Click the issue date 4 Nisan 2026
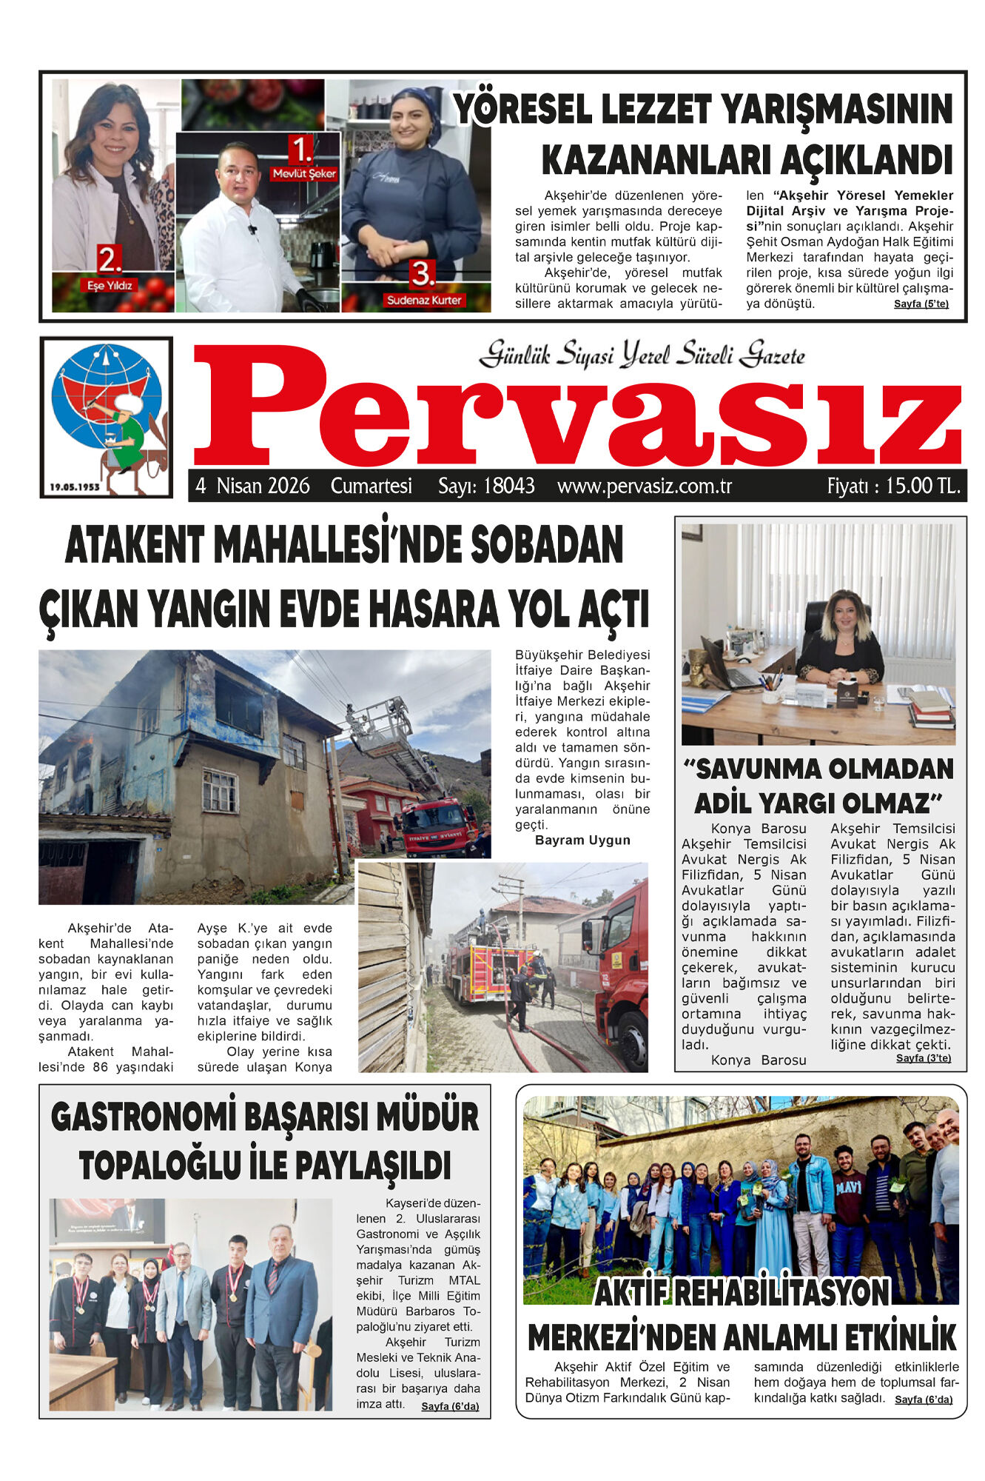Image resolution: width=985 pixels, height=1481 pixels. pyautogui.click(x=252, y=487)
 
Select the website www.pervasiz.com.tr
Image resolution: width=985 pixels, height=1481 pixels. pyautogui.click(x=645, y=487)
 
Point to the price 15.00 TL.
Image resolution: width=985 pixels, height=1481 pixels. pyautogui.click(x=893, y=487)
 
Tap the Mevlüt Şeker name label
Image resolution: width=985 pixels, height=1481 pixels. pyautogui.click(x=304, y=174)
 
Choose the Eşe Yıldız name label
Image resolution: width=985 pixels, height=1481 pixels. pyautogui.click(x=110, y=285)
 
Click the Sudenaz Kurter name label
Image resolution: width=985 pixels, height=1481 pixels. pyautogui.click(x=424, y=300)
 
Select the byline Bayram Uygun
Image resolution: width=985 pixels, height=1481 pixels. pyautogui.click(x=582, y=840)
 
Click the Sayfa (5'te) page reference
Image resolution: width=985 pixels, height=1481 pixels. pyautogui.click(x=921, y=304)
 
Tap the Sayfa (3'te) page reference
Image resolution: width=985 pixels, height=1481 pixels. pyautogui.click(x=923, y=1058)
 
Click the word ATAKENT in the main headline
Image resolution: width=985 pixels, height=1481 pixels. pyautogui.click(x=134, y=545)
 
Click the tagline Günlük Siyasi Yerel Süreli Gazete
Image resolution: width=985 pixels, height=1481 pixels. pyautogui.click(x=642, y=355)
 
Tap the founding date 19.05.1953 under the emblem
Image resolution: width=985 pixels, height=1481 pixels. pyautogui.click(x=75, y=487)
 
